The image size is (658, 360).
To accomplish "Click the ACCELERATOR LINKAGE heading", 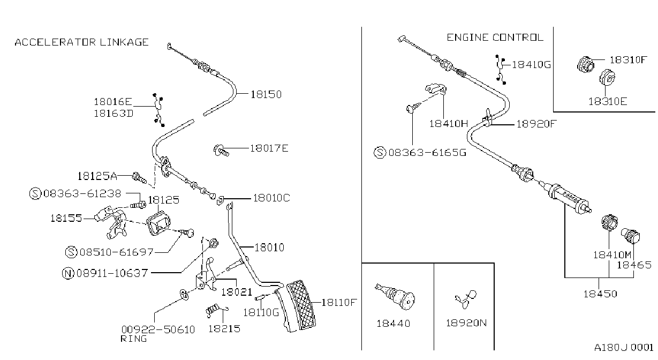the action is click(x=82, y=42).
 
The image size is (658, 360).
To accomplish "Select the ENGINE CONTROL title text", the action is click(x=495, y=37).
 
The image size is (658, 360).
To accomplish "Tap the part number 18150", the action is click(x=266, y=95).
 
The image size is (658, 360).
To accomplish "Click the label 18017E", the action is click(x=269, y=148).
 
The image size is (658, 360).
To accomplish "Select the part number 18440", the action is click(x=394, y=323).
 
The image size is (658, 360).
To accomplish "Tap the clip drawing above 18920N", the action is click(x=466, y=299).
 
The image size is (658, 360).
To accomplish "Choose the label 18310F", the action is click(x=629, y=60).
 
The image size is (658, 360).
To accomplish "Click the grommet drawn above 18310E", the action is click(x=607, y=77).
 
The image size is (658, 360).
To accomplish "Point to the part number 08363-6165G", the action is click(x=427, y=153).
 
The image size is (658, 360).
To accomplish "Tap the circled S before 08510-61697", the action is click(x=71, y=252).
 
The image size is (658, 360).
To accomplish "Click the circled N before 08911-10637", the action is click(x=68, y=273).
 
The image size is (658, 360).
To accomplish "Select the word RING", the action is click(x=134, y=339).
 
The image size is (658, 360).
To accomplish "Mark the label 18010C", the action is click(x=271, y=198).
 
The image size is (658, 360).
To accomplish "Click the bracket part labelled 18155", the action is click(x=111, y=222).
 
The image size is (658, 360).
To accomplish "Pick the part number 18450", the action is click(x=600, y=294).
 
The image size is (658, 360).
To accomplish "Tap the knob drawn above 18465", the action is click(x=630, y=236).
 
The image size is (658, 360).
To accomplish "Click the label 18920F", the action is click(x=536, y=124).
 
